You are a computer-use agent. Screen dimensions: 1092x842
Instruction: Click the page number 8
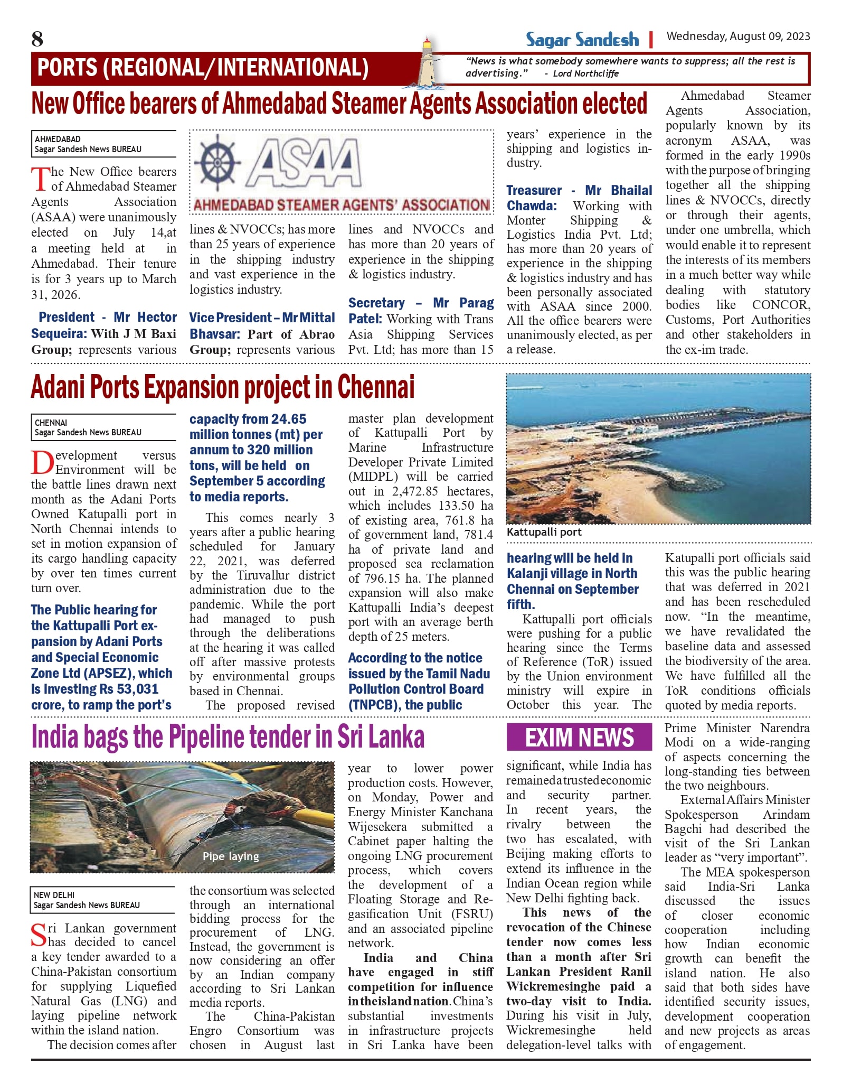click(x=37, y=39)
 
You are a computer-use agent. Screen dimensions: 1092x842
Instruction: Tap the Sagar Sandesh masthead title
click(x=582, y=40)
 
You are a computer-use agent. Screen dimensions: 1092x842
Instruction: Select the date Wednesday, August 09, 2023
click(x=738, y=36)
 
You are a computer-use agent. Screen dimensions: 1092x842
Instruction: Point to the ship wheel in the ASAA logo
click(x=217, y=161)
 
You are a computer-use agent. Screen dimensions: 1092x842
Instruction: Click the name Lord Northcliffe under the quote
click(x=585, y=74)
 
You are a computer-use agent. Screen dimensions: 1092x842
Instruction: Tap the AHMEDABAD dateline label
click(x=58, y=139)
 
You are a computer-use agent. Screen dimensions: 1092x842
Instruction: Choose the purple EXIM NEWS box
click(x=579, y=738)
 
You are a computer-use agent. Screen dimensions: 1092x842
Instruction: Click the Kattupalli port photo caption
click(x=544, y=533)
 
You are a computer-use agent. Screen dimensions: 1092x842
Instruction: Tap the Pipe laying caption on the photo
click(x=231, y=856)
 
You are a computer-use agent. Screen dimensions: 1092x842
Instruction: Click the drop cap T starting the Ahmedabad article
click(x=40, y=179)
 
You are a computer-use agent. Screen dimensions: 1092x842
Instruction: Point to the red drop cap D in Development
click(x=42, y=463)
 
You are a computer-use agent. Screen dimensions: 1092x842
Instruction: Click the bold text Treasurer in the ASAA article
click(x=534, y=191)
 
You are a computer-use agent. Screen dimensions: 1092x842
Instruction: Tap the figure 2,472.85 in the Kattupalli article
click(x=415, y=491)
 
